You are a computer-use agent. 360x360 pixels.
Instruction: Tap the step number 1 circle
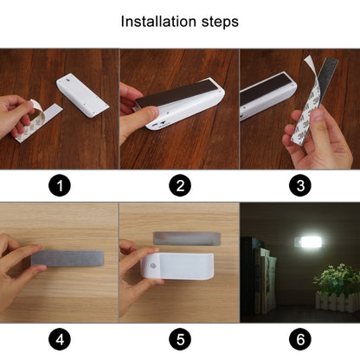tap(59, 185)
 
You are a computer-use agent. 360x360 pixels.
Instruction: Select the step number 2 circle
tap(179, 185)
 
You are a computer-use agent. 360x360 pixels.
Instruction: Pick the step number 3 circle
tap(299, 185)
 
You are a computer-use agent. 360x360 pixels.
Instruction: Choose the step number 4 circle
tap(59, 339)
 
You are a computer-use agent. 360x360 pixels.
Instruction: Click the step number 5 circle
tap(179, 339)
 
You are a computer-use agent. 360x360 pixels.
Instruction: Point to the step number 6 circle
tap(299, 339)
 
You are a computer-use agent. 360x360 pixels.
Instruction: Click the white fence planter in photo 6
tap(337, 301)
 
